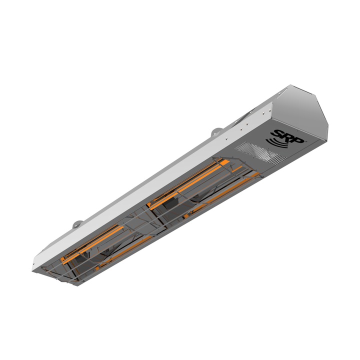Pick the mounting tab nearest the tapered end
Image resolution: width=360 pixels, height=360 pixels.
(75, 224)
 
